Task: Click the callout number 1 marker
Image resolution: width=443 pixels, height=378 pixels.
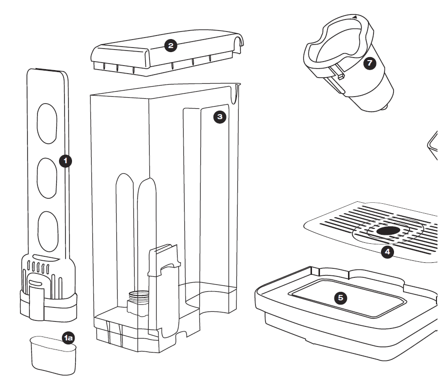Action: [x=65, y=161]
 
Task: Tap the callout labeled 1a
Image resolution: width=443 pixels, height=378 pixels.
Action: [x=69, y=338]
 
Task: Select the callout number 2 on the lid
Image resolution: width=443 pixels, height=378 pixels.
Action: [x=171, y=46]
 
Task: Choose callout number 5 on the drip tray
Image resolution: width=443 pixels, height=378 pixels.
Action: [x=340, y=297]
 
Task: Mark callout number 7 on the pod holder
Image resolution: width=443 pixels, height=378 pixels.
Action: [x=369, y=63]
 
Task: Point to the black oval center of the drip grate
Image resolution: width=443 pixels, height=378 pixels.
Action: [x=388, y=231]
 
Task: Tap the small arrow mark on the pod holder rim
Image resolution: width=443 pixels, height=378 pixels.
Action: [x=354, y=17]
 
